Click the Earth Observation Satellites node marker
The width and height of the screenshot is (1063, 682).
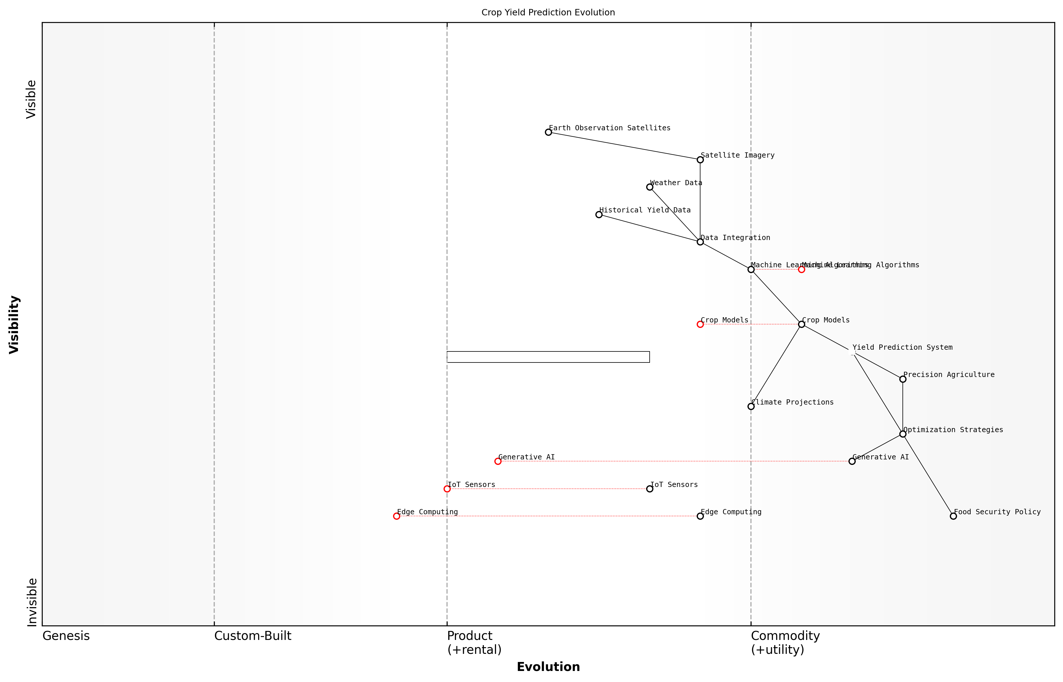tap(548, 132)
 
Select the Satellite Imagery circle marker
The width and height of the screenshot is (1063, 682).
tap(700, 159)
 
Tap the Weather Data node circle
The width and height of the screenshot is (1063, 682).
tap(650, 187)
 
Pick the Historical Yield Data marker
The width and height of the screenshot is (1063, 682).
tap(599, 214)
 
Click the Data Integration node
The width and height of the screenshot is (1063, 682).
tap(700, 242)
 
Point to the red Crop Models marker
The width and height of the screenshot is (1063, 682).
tap(700, 324)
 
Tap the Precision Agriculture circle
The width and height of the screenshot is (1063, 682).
tap(903, 379)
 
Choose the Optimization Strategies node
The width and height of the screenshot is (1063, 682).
tap(903, 434)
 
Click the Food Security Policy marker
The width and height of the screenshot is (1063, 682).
tap(954, 516)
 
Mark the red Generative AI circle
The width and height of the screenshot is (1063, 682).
tap(498, 461)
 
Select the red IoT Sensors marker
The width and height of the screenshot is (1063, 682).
tap(447, 489)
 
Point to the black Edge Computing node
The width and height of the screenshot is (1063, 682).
tap(700, 516)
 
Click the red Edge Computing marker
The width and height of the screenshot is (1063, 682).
tap(397, 516)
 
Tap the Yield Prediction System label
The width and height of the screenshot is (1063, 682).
tap(902, 347)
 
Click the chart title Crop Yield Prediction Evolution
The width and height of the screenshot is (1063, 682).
tap(548, 12)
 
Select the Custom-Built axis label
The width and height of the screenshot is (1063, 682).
tap(253, 636)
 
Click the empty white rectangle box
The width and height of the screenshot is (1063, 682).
tap(548, 357)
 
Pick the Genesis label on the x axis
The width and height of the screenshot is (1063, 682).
tap(66, 636)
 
